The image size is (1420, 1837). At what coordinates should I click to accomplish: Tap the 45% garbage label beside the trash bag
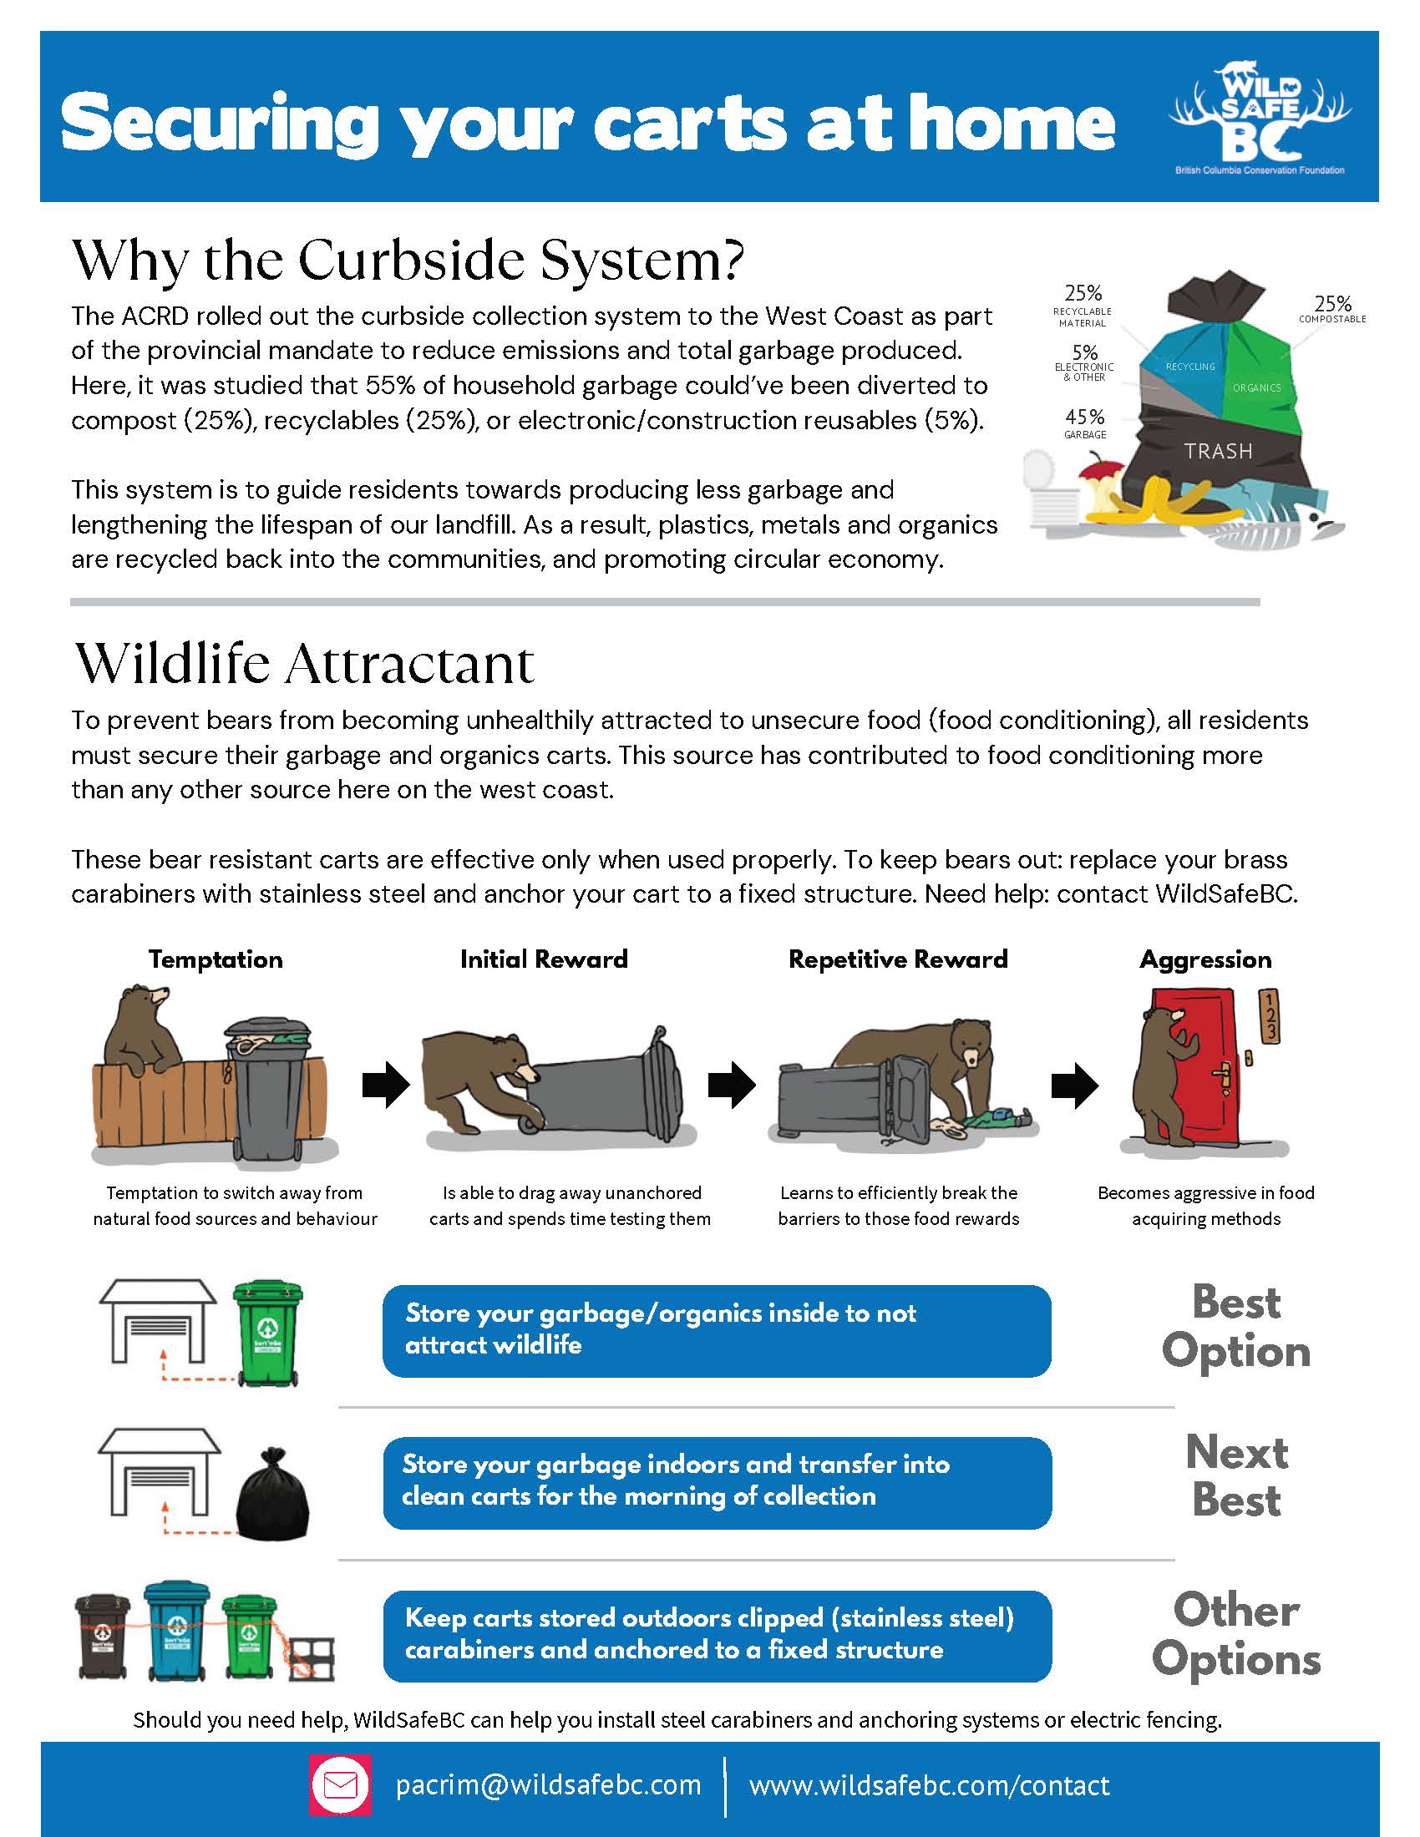1085,423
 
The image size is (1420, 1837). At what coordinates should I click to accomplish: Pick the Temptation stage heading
216,959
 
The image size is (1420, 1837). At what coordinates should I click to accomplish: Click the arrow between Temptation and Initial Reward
385,1085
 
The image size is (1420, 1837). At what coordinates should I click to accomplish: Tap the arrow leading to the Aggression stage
1074,1085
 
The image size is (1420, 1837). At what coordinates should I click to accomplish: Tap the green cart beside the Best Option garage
266,1333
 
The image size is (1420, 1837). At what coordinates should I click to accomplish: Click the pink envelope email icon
341,1785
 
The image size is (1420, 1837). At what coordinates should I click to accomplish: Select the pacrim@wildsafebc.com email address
549,1785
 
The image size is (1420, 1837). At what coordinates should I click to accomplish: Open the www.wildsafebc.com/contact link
930,1785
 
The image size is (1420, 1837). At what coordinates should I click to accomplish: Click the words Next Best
1236,1476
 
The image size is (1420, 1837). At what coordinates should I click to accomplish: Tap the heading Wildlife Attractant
305,664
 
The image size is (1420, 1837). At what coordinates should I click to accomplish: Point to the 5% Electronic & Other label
1084,362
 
